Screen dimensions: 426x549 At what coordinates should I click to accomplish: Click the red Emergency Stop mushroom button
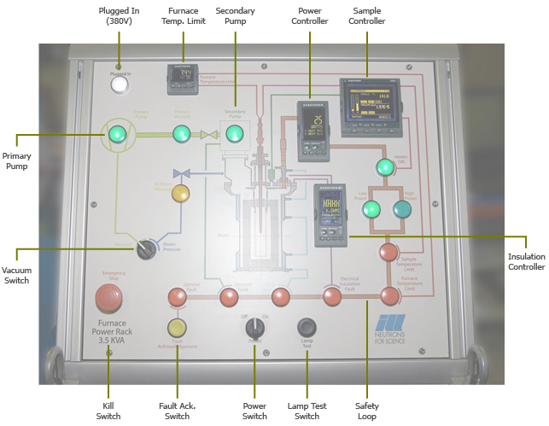(x=108, y=297)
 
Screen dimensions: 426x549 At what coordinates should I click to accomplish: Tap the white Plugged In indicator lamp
(x=119, y=84)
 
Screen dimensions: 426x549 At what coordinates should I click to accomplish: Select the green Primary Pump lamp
(x=116, y=133)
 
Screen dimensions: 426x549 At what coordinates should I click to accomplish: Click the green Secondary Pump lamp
(x=231, y=131)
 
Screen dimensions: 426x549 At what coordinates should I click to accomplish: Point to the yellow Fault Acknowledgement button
(x=177, y=326)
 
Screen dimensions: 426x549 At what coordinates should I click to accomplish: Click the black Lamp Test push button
(x=306, y=327)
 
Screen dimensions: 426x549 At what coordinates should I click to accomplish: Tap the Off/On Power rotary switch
(x=254, y=327)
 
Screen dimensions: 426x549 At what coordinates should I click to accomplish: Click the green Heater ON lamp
(x=385, y=166)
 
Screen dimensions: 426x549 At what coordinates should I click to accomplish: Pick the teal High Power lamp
(x=401, y=209)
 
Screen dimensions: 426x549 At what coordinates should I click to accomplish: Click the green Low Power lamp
(x=371, y=209)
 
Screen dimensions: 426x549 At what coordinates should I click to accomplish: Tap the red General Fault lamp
(x=177, y=296)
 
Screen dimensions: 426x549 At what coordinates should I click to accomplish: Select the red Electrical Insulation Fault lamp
(x=332, y=296)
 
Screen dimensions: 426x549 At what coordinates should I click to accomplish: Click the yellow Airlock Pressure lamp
(x=181, y=194)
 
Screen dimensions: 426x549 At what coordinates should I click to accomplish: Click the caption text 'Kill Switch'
(x=108, y=411)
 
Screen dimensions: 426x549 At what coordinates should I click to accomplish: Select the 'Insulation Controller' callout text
(x=526, y=262)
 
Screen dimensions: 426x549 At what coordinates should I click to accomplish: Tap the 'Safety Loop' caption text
(x=367, y=411)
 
